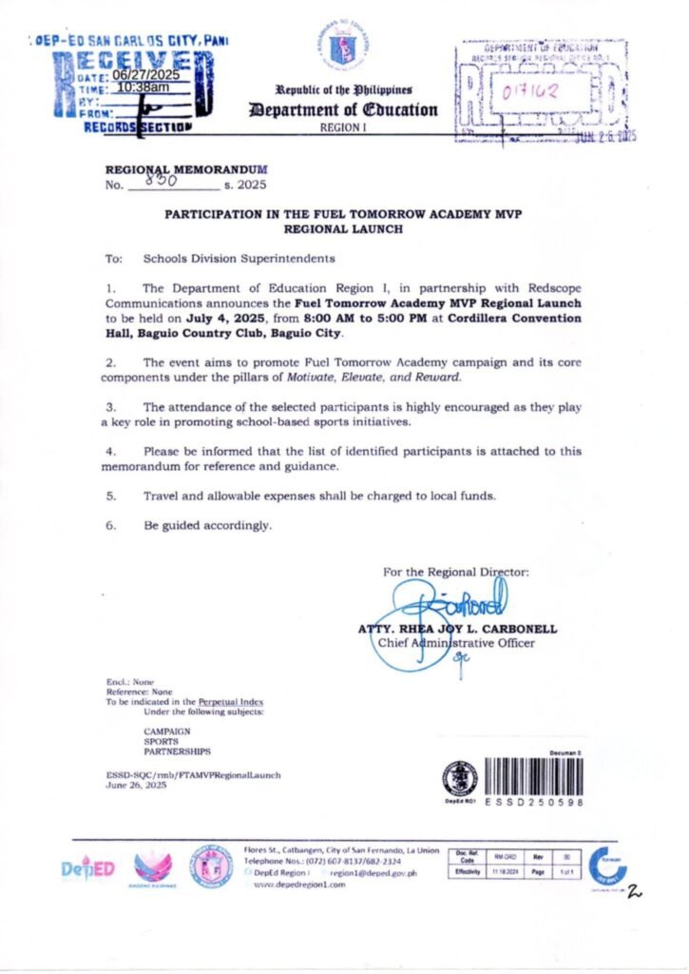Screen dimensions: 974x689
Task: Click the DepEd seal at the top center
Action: (x=343, y=49)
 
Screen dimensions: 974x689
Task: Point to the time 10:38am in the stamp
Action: (x=143, y=88)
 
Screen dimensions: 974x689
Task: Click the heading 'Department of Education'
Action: (x=343, y=109)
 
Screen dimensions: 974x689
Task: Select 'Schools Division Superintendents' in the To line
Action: (x=238, y=259)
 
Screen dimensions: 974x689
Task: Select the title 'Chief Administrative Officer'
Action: (x=456, y=643)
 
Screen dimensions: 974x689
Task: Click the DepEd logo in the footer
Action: (x=87, y=868)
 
